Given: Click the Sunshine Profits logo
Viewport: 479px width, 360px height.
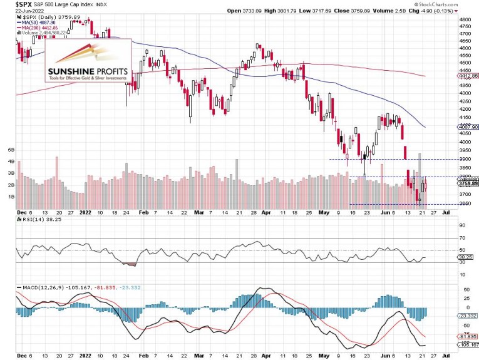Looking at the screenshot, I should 88,61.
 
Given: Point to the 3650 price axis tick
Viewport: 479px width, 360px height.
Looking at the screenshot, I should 464,204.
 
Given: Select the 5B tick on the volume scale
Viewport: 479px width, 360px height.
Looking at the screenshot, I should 11,150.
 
